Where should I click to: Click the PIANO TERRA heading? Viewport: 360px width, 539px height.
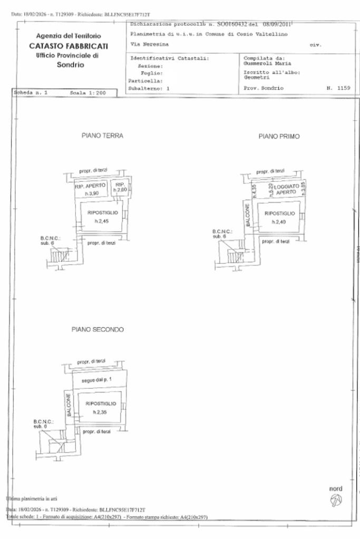point(102,136)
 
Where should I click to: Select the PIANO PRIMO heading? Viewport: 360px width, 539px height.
point(279,136)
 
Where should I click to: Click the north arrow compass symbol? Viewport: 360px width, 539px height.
point(336,498)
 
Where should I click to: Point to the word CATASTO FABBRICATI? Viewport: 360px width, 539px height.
point(65,46)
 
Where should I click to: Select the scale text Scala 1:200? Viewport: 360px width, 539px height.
point(87,93)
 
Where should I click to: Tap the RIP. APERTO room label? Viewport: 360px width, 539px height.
point(93,185)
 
